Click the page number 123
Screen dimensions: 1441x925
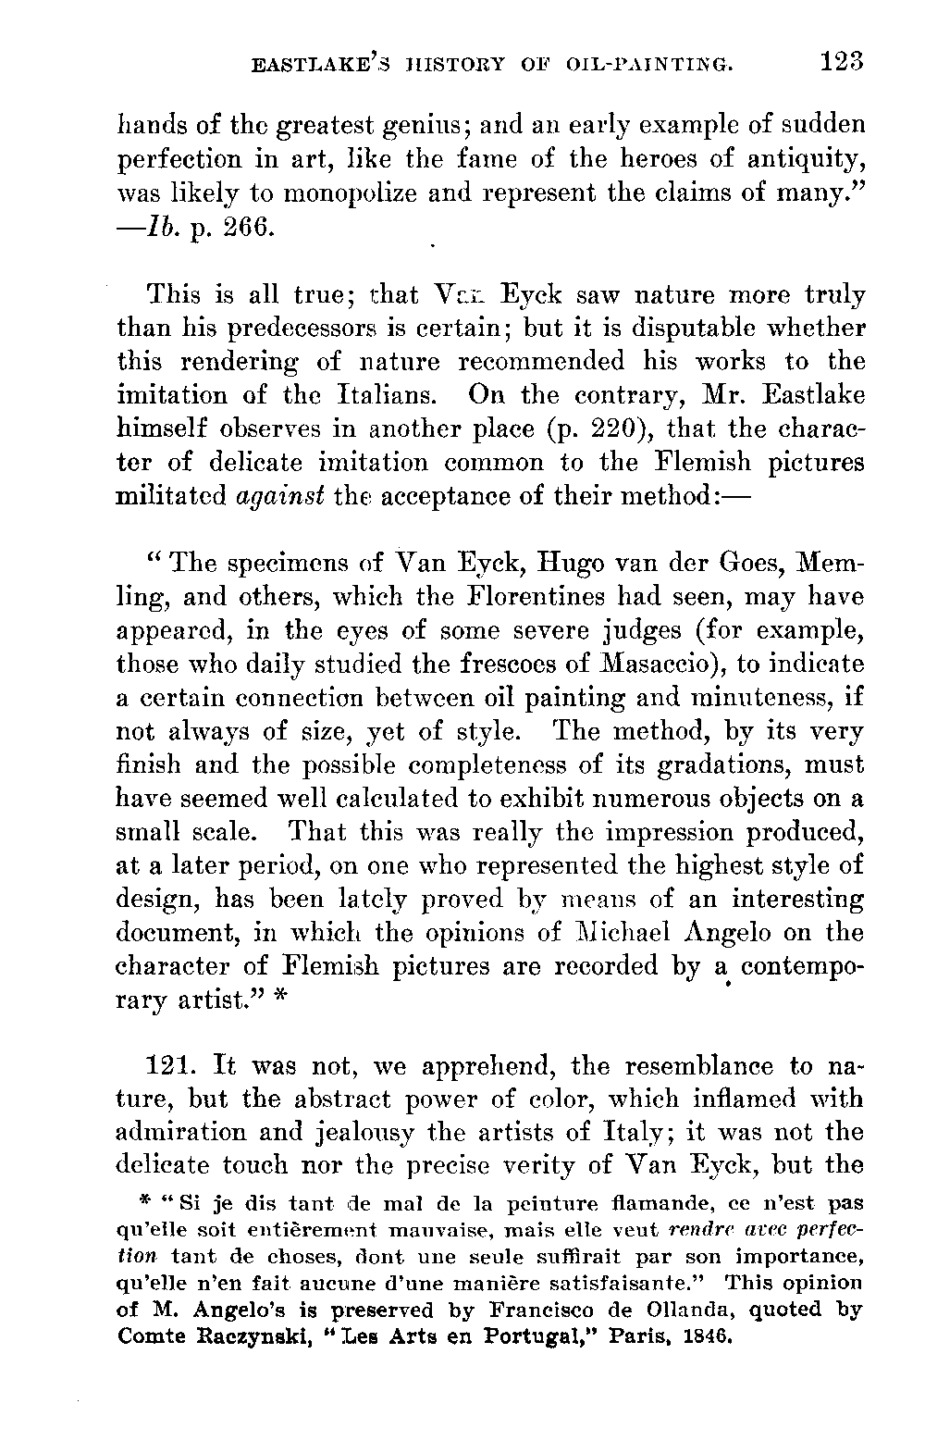(x=840, y=62)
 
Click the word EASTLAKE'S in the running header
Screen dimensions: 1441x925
(x=313, y=65)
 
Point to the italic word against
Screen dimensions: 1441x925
(x=279, y=496)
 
